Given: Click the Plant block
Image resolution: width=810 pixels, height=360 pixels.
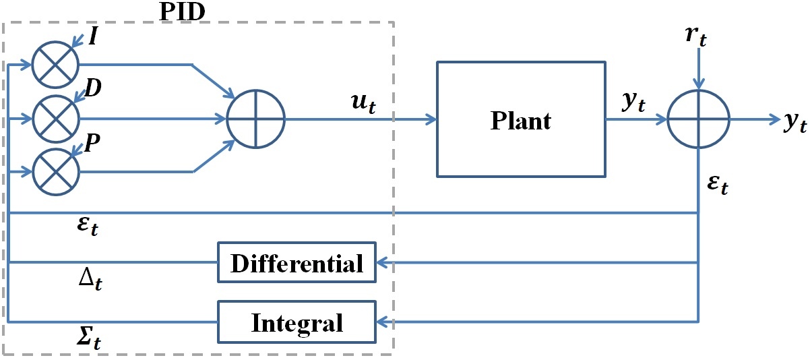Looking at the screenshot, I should coord(520,119).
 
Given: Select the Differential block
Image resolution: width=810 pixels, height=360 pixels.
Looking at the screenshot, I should coord(297,263).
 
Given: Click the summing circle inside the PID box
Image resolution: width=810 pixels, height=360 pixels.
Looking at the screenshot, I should coord(256,119).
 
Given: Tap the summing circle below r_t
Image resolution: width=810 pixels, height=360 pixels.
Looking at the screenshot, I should coord(698,119).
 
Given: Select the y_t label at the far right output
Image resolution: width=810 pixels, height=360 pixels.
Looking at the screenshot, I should coord(795,122).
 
